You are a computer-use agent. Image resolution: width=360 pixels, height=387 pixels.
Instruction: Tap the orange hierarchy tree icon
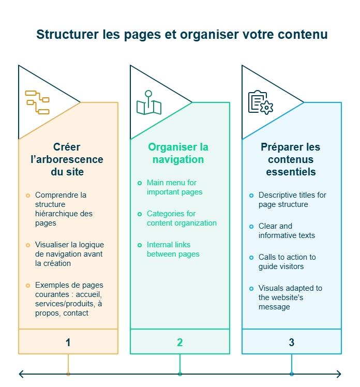click(37, 102)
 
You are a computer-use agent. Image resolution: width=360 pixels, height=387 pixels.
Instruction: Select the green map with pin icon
click(149, 103)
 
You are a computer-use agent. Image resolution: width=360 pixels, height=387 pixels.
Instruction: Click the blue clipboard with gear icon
click(260, 102)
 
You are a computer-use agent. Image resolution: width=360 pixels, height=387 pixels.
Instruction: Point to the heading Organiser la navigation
click(178, 153)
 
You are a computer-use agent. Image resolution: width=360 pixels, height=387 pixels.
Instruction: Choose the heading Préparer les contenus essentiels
click(290, 159)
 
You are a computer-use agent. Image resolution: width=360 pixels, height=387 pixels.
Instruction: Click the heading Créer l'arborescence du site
click(67, 159)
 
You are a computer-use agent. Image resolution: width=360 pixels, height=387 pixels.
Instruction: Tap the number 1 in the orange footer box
click(68, 342)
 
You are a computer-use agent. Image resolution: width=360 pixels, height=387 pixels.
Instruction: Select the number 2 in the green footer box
click(179, 342)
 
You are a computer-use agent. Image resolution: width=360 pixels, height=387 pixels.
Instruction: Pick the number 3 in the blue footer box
click(291, 342)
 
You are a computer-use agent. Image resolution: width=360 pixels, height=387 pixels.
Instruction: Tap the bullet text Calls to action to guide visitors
click(287, 262)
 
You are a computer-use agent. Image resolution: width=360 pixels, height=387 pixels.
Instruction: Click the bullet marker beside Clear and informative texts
click(251, 227)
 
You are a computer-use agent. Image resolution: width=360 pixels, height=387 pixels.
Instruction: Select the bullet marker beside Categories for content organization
click(140, 214)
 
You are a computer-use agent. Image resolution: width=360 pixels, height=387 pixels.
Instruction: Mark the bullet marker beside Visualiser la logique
click(28, 245)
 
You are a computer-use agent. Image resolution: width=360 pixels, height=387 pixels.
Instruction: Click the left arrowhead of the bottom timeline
click(20, 374)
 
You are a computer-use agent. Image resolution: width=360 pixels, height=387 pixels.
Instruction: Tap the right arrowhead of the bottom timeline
click(339, 374)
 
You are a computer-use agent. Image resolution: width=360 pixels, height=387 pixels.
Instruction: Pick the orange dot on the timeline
click(68, 374)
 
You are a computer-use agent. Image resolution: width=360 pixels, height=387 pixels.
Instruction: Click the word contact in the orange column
click(76, 313)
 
